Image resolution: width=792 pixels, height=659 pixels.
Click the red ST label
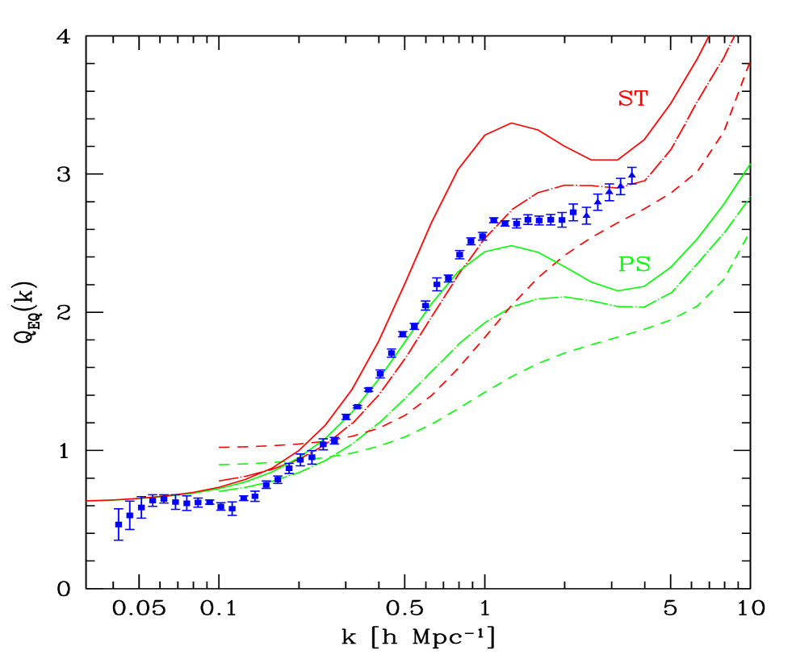632,98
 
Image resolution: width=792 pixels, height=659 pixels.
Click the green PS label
634,264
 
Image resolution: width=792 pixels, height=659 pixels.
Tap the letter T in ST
640,98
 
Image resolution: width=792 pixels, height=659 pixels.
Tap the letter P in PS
626,264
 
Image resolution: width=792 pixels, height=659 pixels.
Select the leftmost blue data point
119,523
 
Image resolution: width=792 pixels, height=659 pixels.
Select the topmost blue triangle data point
632,173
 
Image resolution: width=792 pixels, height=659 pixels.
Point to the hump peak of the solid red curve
511,123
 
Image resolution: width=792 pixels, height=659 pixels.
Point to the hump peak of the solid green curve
510,245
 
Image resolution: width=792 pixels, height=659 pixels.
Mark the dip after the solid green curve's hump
618,290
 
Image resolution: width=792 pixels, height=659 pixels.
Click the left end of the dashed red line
219,446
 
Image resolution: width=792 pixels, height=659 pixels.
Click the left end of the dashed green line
219,465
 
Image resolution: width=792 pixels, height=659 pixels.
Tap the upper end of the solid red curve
708,36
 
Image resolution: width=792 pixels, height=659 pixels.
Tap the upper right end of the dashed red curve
751,62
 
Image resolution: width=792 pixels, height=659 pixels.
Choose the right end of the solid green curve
751,164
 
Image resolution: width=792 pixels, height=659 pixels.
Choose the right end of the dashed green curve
747,236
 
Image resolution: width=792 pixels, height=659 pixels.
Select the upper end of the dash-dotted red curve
735,36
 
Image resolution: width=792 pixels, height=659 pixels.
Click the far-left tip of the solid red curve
87,501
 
